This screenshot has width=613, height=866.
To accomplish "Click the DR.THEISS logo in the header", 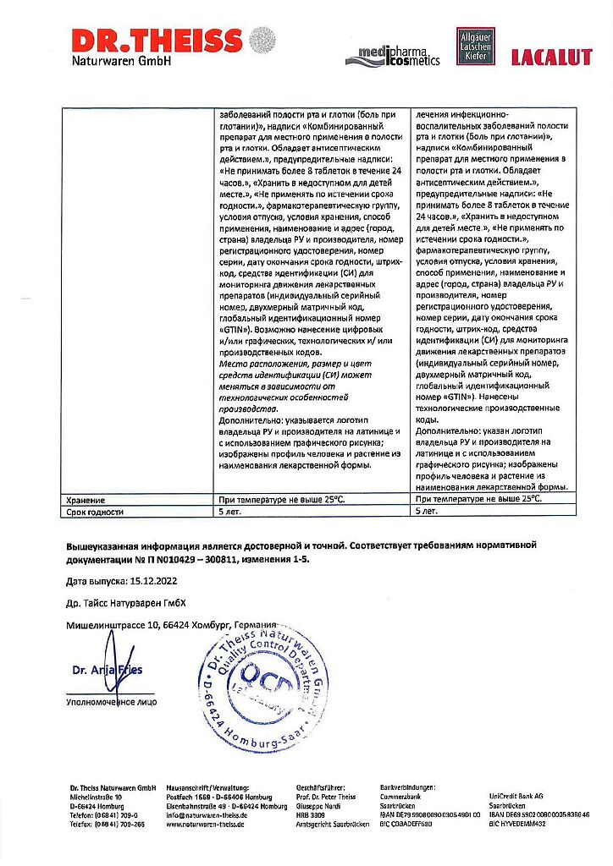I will click(157, 47).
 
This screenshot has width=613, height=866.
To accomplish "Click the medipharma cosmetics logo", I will click(393, 57).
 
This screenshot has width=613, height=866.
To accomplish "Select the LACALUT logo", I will click(551, 58).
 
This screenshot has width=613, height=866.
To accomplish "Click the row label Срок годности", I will click(95, 512).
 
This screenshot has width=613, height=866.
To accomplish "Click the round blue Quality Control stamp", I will click(263, 689).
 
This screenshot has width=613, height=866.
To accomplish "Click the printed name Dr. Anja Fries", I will click(108, 671).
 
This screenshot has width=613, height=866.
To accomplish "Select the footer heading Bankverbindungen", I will click(409, 787).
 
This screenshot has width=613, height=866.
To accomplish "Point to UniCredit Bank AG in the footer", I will click(516, 796).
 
